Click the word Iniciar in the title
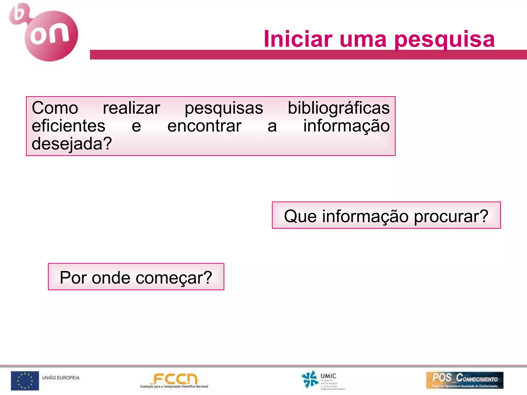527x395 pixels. tap(298, 39)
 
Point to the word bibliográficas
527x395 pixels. tap(339, 108)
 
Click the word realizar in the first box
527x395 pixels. tap(131, 108)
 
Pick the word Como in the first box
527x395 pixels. tap(55, 108)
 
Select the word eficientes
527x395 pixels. tap(68, 126)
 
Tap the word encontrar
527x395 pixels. tap(204, 126)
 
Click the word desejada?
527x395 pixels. tap(72, 144)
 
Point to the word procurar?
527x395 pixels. tap(451, 217)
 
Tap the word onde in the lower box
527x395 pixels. tap(111, 278)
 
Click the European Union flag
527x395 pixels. tap(25, 380)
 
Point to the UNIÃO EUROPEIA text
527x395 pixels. tap(61, 378)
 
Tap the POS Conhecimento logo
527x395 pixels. tap(464, 380)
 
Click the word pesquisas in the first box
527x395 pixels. tap(224, 109)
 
